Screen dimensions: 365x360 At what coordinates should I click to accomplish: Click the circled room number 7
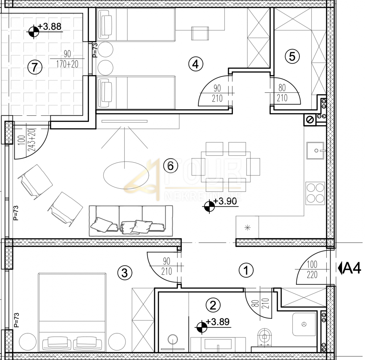(35, 67)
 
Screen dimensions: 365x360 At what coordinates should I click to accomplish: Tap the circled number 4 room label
(195, 64)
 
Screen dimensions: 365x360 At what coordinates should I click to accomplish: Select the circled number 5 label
(292, 56)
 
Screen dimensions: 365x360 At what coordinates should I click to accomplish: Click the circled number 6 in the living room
(171, 166)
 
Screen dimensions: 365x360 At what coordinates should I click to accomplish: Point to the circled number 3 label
(125, 272)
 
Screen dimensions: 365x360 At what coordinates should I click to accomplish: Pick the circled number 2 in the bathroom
(213, 305)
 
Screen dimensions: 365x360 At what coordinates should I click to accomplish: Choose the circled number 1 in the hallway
(246, 270)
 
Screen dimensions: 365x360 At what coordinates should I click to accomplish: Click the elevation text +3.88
(50, 27)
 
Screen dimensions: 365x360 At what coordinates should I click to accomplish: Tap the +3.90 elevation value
(225, 201)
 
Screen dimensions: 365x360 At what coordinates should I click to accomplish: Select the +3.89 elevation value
(218, 322)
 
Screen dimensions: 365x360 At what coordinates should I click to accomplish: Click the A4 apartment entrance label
(349, 268)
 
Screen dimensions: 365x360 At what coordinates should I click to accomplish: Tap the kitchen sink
(315, 151)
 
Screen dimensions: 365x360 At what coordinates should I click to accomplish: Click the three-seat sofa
(131, 221)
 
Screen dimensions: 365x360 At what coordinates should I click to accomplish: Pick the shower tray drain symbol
(304, 324)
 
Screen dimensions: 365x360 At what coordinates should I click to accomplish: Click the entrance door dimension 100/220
(312, 270)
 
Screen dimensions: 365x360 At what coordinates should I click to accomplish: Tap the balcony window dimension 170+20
(67, 64)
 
